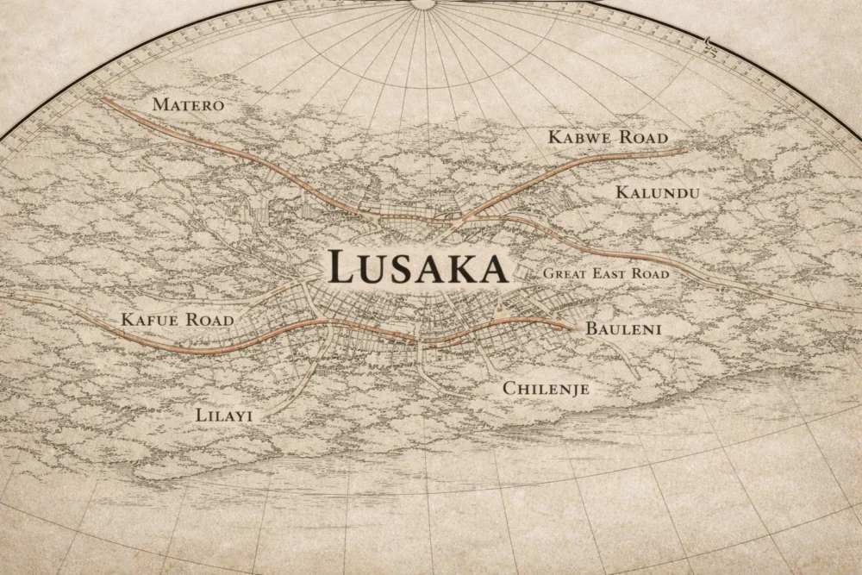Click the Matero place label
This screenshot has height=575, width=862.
[187, 105]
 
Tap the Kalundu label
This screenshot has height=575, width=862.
[657, 192]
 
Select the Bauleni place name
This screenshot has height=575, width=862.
[623, 328]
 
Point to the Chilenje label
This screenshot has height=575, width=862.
[546, 389]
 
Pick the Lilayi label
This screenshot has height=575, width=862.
[224, 416]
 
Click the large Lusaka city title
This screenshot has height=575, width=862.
[418, 268]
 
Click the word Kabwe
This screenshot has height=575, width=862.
[579, 137]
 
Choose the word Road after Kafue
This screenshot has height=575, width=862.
[210, 320]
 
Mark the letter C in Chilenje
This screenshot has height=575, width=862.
[509, 389]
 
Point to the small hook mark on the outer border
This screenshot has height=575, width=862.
[709, 40]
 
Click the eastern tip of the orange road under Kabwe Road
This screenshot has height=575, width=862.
[686, 150]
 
